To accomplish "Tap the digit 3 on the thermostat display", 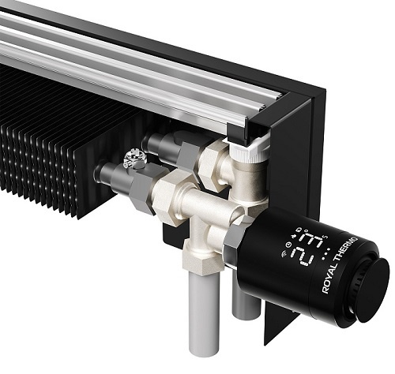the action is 312,238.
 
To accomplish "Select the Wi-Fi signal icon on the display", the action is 284,254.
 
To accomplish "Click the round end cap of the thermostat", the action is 372,290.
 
